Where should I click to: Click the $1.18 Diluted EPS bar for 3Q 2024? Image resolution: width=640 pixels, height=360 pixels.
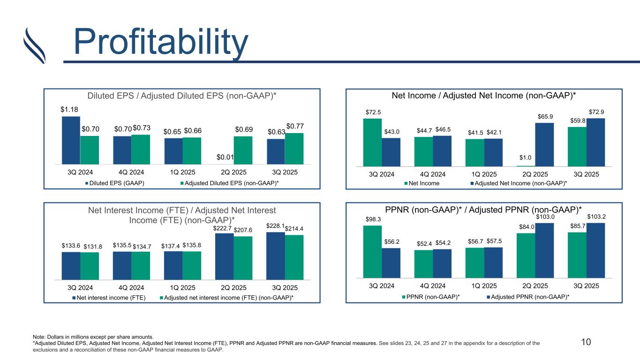tap(71, 140)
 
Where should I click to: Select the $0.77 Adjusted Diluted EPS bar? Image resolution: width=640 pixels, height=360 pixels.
tap(294, 149)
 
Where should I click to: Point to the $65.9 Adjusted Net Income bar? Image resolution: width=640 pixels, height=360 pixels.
tap(544, 144)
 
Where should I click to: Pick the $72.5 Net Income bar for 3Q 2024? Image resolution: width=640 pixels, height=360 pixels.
tap(372, 142)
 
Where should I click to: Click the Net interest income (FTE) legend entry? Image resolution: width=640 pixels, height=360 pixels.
tap(113, 298)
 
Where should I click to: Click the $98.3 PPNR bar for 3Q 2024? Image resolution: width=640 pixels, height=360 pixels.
tap(372, 252)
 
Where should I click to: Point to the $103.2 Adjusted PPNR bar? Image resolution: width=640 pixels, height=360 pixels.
tap(596, 250)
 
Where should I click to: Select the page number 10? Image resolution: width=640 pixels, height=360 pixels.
tap(586, 342)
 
